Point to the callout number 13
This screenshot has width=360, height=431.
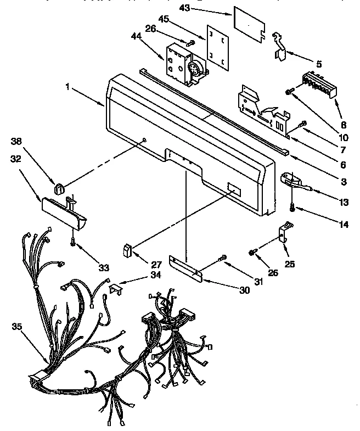tap(344, 202)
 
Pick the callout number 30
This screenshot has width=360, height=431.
tap(229, 290)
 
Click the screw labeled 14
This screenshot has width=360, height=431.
tap(292, 208)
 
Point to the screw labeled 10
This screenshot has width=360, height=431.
tap(288, 91)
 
